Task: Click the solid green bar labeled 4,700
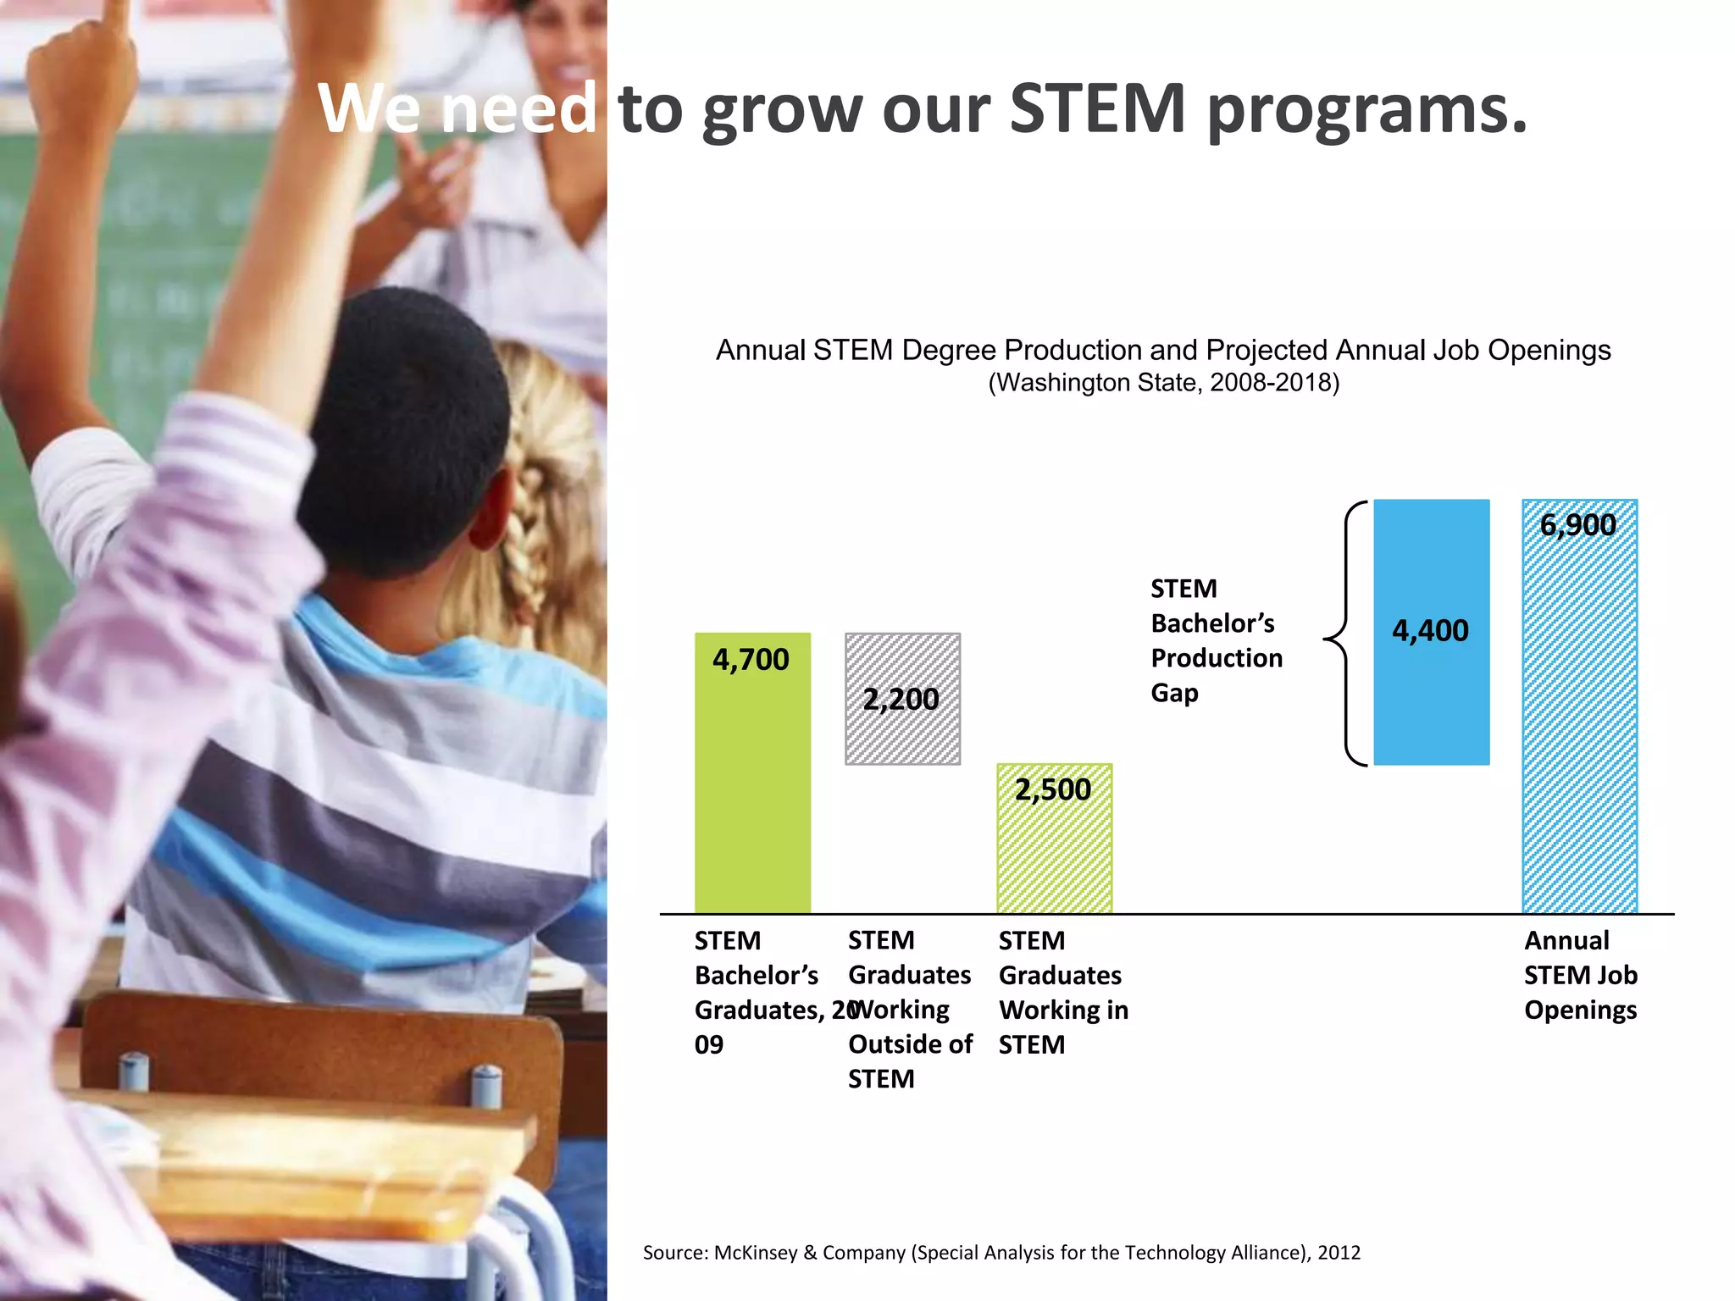pos(752,788)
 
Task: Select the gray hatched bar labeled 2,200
pos(902,728)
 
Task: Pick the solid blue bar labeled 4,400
pos(1431,695)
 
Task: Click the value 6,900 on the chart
pos(1577,525)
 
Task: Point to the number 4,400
pos(1430,631)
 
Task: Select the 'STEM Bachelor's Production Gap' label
pos(1216,640)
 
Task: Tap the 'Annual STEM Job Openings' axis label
pos(1580,975)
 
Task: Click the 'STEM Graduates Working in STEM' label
pos(1063,992)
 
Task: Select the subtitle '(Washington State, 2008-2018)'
pos(1163,383)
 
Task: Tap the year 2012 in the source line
pos(1339,1253)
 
